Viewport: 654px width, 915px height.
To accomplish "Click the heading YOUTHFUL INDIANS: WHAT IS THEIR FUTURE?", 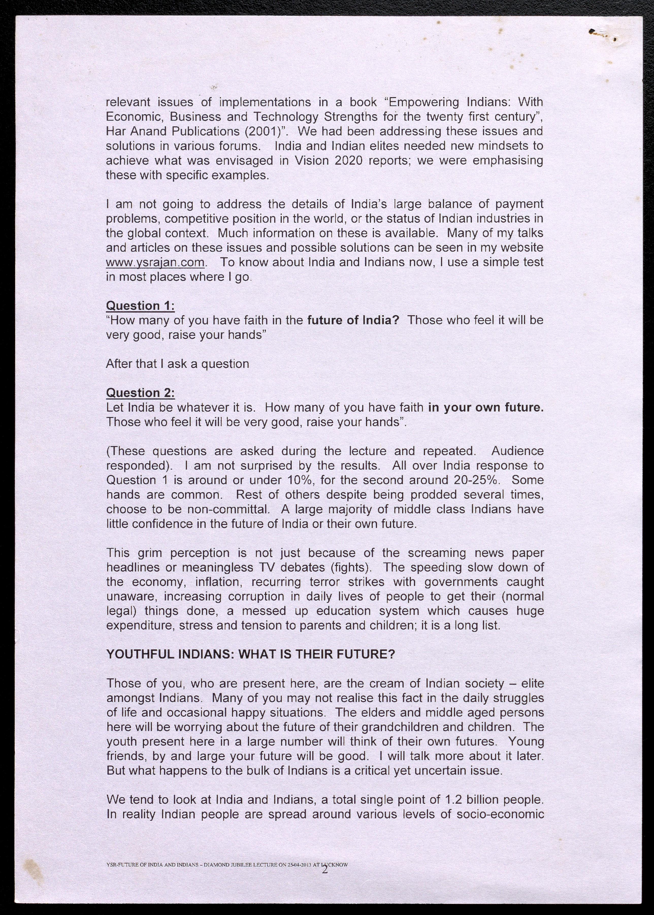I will pyautogui.click(x=251, y=654).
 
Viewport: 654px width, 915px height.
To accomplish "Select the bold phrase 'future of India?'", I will pyautogui.click(x=353, y=320).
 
